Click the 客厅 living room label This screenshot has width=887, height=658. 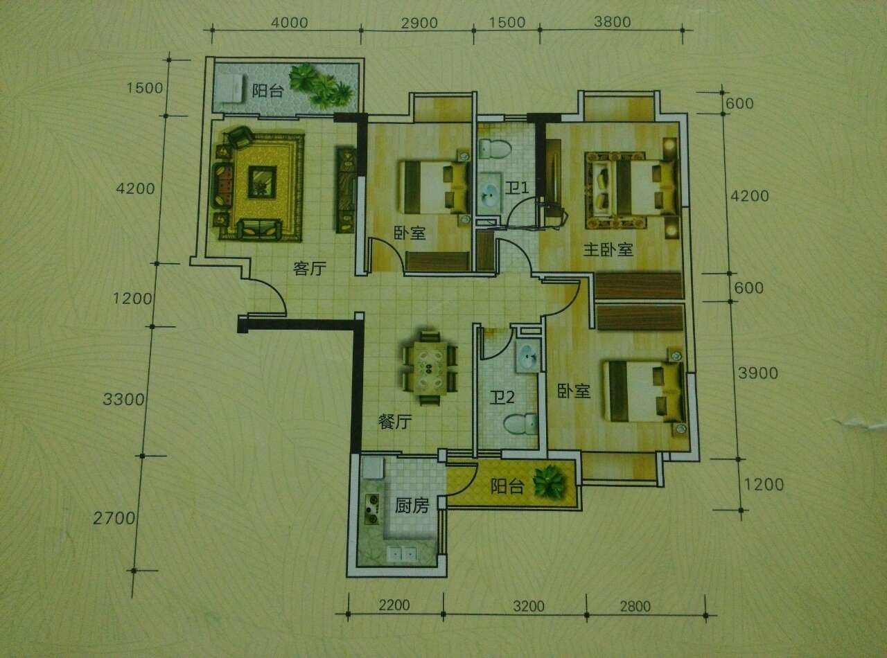(x=310, y=268)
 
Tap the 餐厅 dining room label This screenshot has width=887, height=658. (x=395, y=422)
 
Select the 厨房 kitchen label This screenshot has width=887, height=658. (x=412, y=506)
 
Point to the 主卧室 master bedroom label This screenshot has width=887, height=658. (x=608, y=249)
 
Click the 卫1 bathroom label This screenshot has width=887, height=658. (x=517, y=187)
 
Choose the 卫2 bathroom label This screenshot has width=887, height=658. (x=502, y=398)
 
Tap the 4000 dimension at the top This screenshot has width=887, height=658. (x=290, y=23)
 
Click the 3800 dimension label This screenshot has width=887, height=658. (x=613, y=21)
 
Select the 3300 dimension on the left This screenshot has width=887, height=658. (x=123, y=399)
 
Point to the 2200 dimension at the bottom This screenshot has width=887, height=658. (x=394, y=605)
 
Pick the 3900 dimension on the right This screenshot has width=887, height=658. (x=758, y=373)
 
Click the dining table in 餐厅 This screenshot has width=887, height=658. (x=430, y=368)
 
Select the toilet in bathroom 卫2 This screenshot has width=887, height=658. (x=520, y=425)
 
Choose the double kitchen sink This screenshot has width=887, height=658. (x=403, y=554)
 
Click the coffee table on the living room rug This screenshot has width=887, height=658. (x=263, y=182)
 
